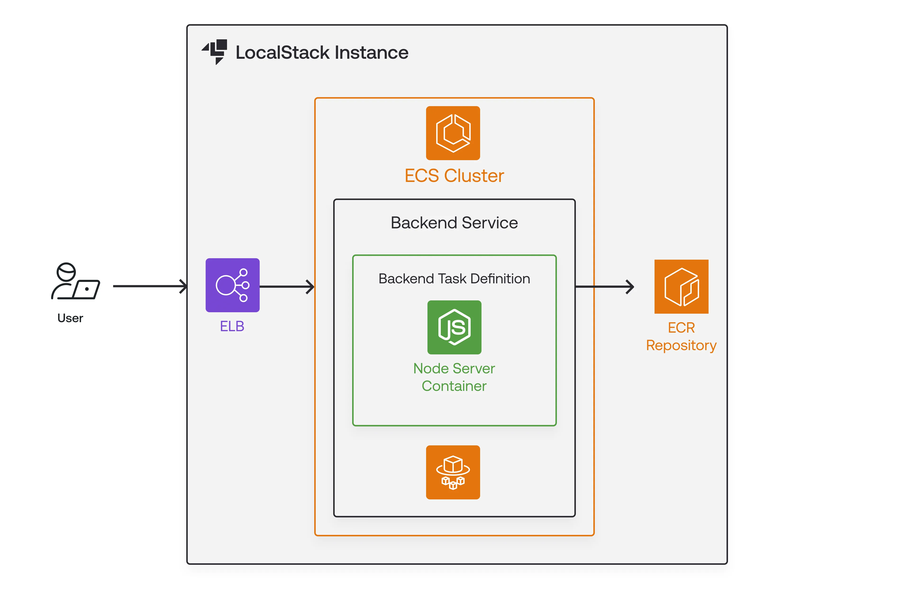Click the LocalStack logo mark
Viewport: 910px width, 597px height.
[x=215, y=52]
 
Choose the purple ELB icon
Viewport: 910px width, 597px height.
[x=232, y=285]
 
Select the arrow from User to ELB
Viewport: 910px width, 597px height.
[x=149, y=286]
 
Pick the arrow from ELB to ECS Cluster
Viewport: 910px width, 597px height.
[x=287, y=286]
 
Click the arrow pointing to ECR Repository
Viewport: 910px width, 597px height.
[x=604, y=286]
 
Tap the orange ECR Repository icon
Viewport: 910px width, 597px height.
[x=681, y=287]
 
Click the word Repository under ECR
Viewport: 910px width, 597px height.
[x=681, y=345]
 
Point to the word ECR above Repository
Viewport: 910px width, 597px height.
[x=681, y=328]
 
